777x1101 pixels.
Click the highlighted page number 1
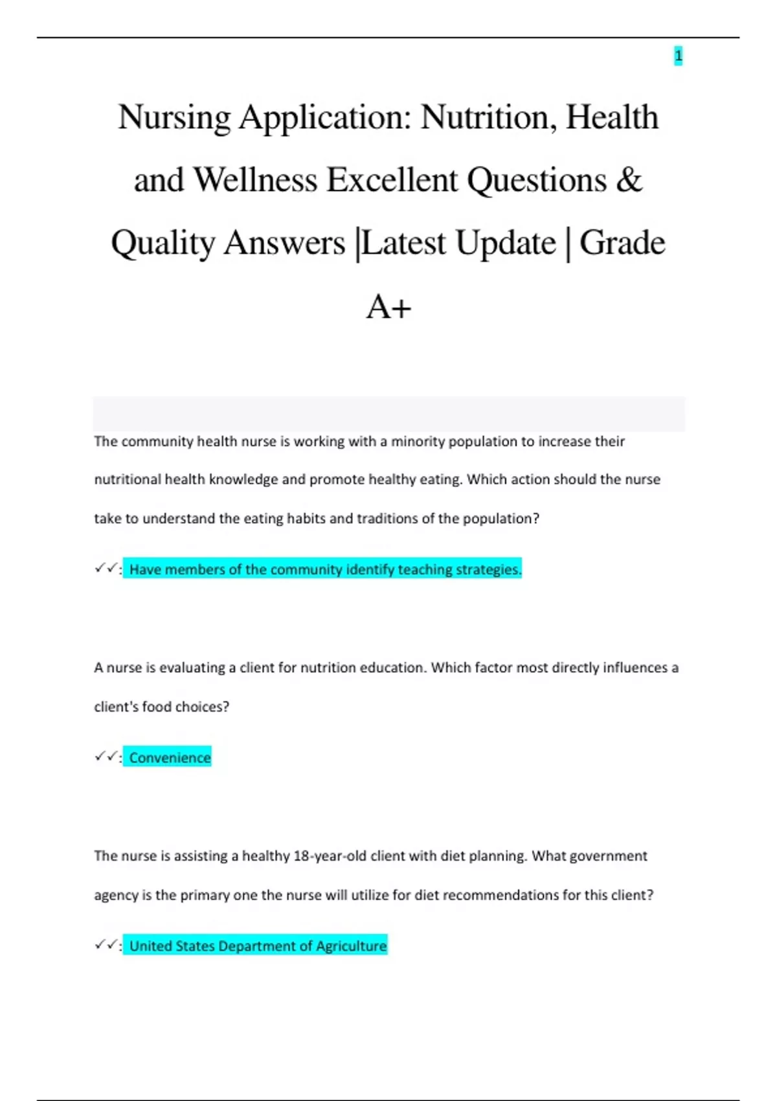678,56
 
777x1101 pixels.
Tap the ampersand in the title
629,180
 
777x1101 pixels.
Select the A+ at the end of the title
388,306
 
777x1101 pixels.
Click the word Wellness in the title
255,180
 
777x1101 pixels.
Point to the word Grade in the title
622,244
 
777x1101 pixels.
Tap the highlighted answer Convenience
170,758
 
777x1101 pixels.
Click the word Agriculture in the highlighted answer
351,946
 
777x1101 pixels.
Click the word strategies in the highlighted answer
488,570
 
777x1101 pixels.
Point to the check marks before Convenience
106,756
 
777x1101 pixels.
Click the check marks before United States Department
106,945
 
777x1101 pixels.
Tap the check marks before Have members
106,569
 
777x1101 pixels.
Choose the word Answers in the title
284,244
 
